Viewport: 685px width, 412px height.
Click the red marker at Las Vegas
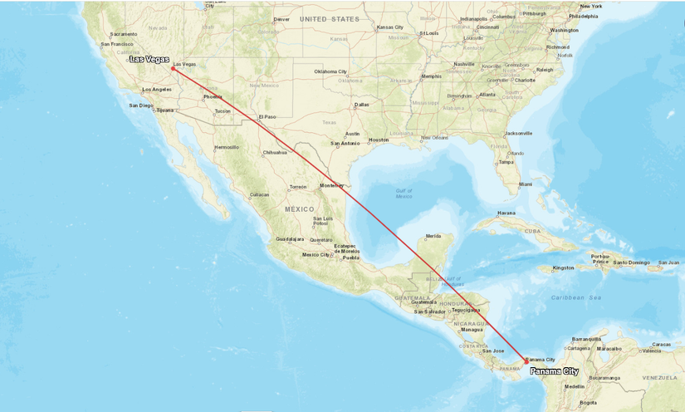(173, 68)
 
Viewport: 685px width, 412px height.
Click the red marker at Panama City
(526, 360)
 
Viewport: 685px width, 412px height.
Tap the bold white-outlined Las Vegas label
(149, 59)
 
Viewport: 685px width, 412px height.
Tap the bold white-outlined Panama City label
(554, 371)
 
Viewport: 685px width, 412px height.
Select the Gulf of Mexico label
(404, 194)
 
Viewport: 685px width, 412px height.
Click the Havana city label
(506, 213)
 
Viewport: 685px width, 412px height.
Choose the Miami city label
(525, 184)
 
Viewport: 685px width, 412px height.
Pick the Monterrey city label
(331, 185)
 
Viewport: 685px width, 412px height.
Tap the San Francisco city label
(116, 44)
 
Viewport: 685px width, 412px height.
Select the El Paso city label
(267, 117)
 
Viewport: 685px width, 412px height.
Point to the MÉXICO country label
(300, 209)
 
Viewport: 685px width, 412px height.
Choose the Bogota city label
(588, 402)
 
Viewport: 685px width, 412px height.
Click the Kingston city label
(563, 267)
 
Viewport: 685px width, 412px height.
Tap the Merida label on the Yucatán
(433, 236)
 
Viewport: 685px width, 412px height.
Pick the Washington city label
(564, 30)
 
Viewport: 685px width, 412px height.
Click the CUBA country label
(532, 232)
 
